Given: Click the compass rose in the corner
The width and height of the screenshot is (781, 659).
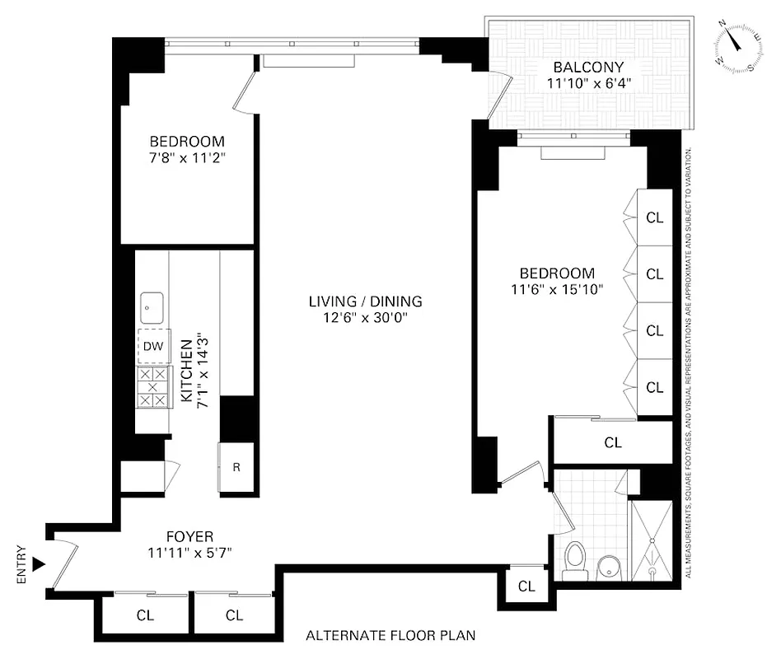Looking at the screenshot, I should [737, 47].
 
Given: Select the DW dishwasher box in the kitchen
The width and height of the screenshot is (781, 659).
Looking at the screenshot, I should [152, 346].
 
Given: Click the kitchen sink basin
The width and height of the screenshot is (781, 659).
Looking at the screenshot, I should [152, 308].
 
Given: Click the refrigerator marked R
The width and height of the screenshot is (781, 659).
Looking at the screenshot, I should [236, 467].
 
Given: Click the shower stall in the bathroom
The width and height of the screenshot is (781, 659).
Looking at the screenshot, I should [651, 540].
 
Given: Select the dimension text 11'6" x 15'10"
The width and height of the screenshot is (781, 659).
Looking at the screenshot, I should [556, 289].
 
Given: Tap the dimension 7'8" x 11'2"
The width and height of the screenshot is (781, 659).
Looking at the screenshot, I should [186, 157].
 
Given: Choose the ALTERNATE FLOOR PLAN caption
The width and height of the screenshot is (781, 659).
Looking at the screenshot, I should [390, 635].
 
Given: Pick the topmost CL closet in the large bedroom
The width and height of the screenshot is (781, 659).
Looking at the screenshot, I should [655, 217].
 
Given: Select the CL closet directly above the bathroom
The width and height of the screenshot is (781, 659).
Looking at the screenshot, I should [613, 442].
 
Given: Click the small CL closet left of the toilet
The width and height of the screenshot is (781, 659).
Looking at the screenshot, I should [526, 587].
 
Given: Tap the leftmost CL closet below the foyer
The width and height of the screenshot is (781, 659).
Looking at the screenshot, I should [144, 615].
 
